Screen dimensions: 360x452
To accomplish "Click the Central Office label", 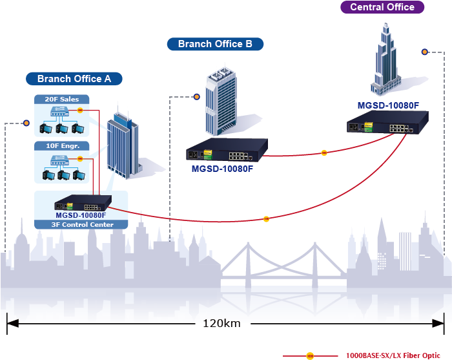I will click(x=382, y=7).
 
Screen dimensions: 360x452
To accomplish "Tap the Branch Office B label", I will click(x=215, y=44).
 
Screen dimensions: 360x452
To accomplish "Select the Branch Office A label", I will click(x=74, y=79).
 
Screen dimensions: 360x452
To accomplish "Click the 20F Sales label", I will click(x=61, y=100).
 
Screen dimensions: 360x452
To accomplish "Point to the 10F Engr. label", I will click(x=61, y=146).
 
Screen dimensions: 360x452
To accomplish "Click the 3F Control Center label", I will click(x=81, y=224).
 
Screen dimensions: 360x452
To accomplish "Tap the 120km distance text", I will click(x=221, y=323).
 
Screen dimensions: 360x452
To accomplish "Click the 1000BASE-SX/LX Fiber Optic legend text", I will click(x=393, y=355).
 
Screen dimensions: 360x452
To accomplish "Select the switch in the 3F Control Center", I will click(x=81, y=203).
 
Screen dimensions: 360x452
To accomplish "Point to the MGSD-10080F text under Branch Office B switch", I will click(x=221, y=169).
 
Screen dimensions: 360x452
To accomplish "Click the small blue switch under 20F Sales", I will click(x=61, y=111).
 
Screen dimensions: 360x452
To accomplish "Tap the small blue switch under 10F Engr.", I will click(x=61, y=158).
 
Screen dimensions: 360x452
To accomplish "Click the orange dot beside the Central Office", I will click(x=425, y=52).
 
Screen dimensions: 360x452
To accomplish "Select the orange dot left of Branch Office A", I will click(x=26, y=123).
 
